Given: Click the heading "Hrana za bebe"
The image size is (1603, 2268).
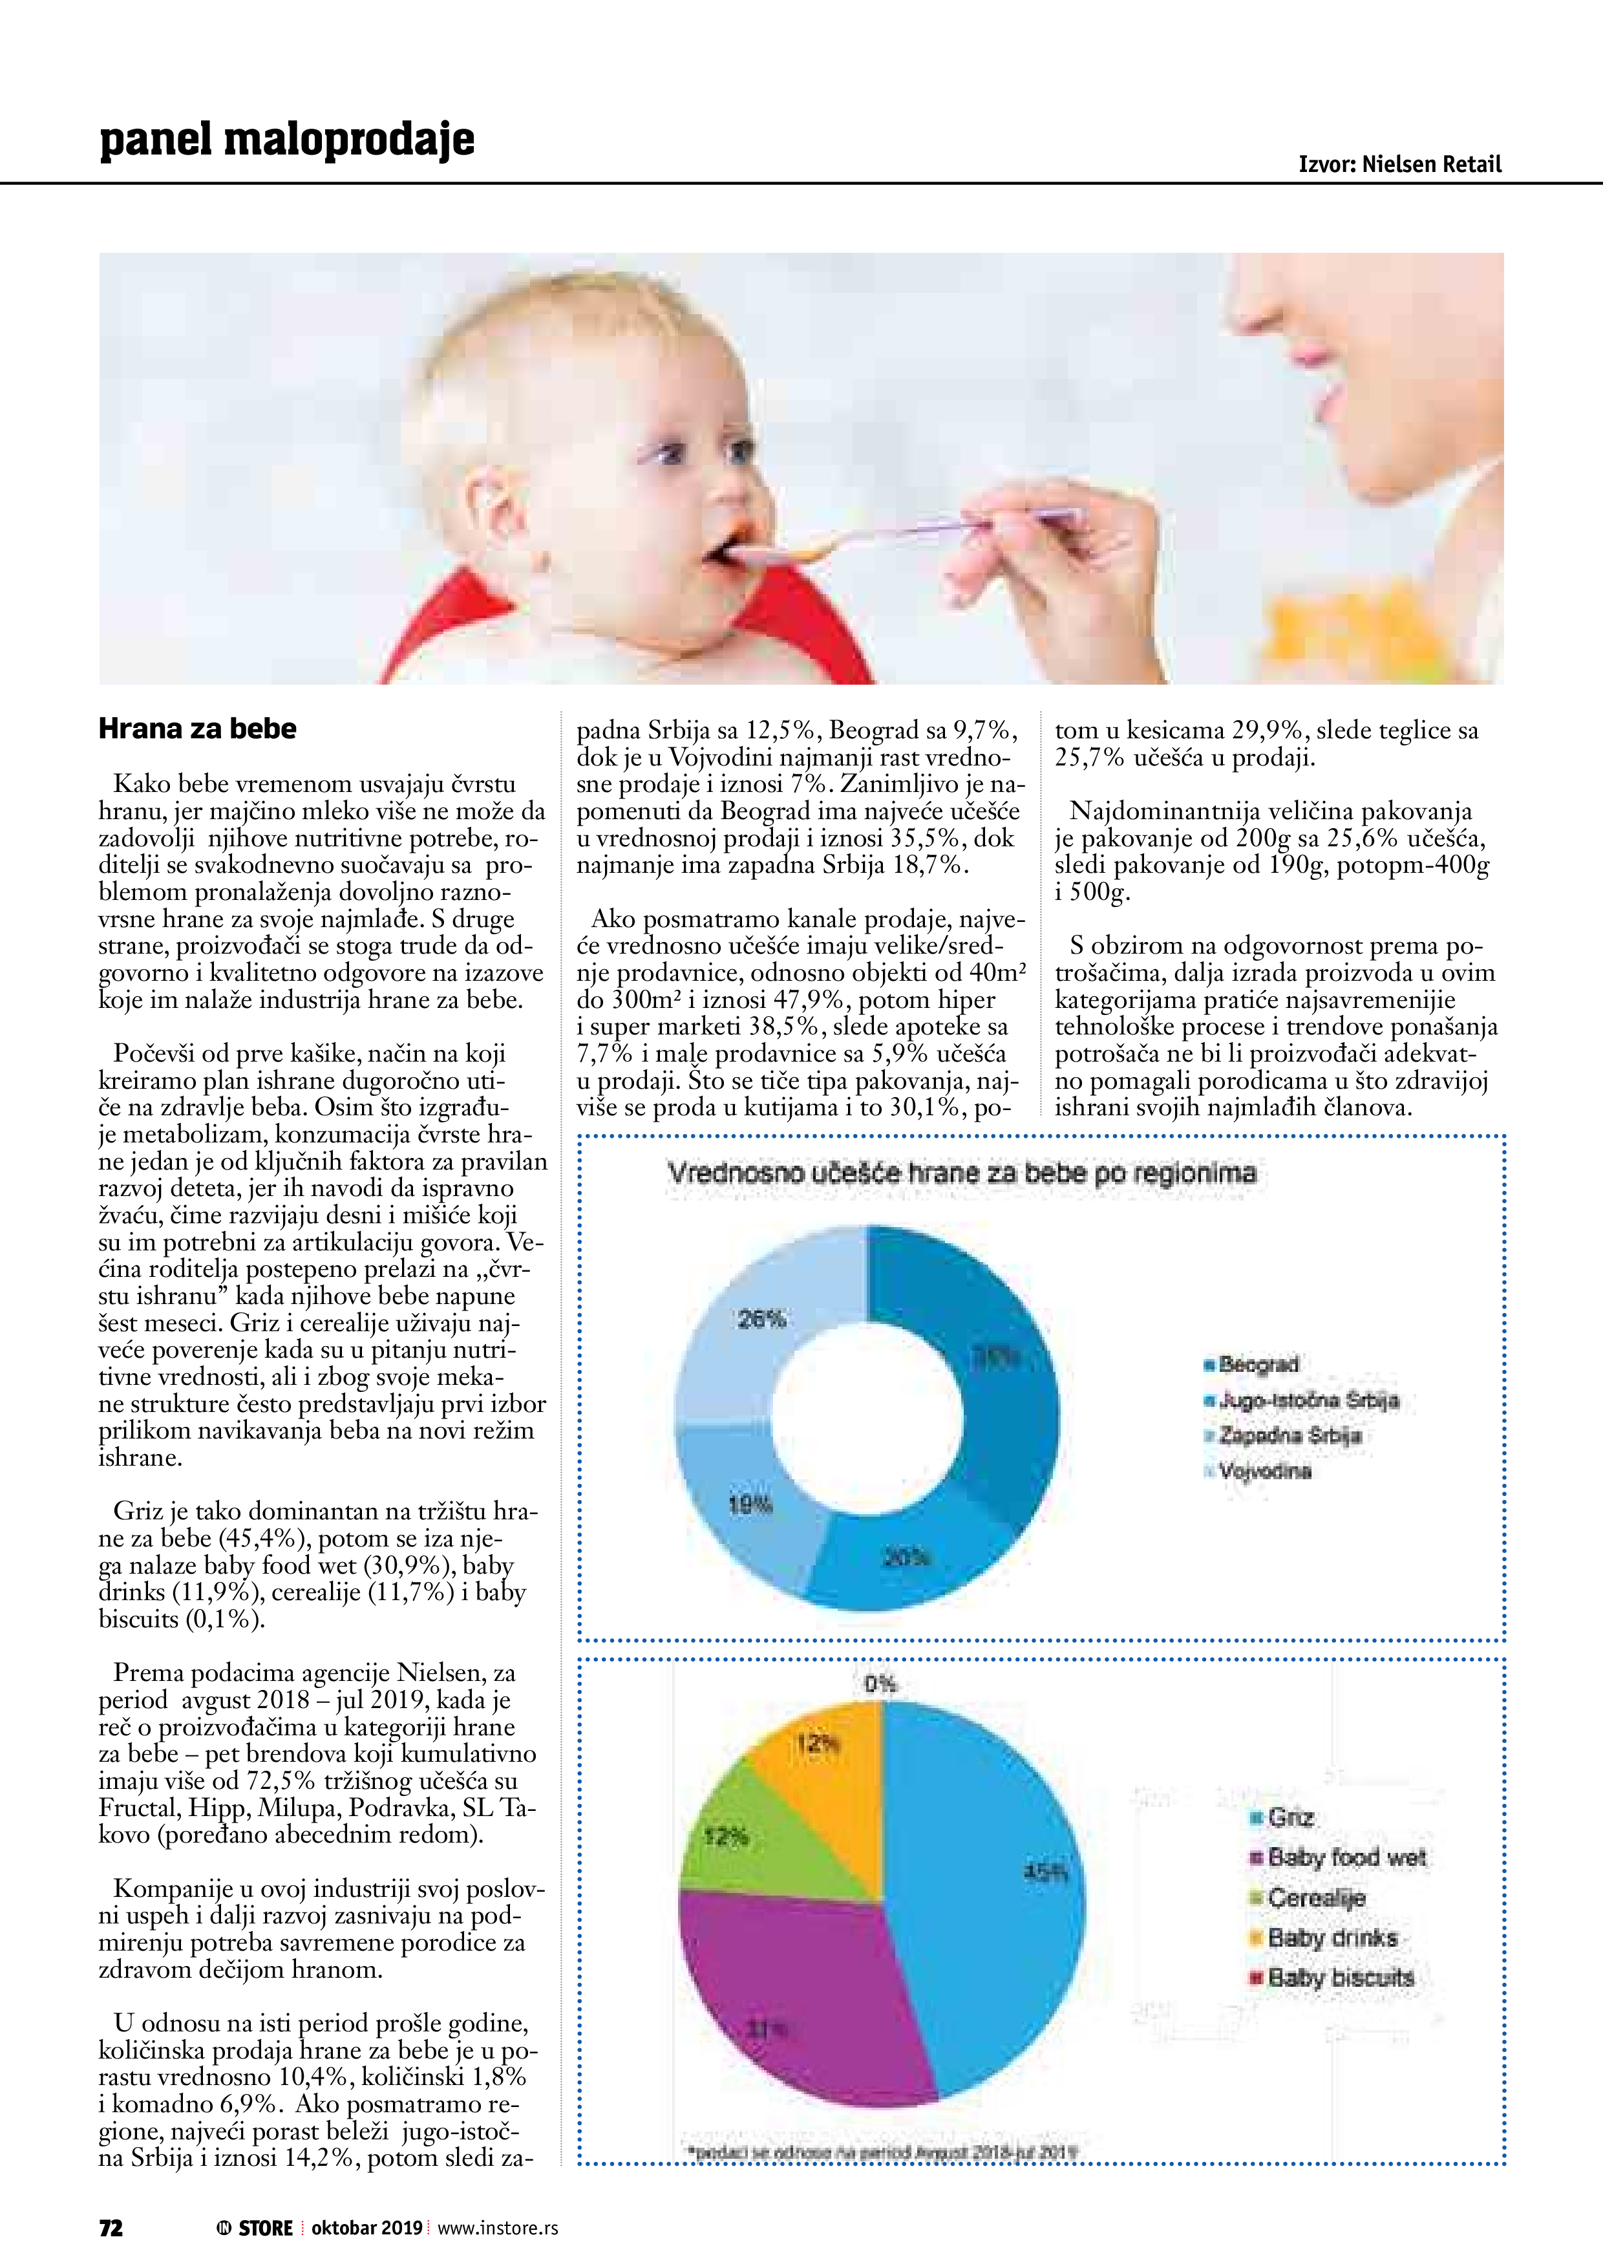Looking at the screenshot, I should coord(198,729).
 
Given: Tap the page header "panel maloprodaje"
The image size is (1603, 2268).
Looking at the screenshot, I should coord(286,139).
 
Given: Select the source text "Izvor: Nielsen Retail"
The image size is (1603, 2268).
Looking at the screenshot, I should coord(1399,164).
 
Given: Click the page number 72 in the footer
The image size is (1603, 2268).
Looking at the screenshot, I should coord(111,2227).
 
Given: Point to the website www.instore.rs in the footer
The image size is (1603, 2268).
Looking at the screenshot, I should coord(498,2227).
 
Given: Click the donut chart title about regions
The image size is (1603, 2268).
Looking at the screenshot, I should coord(961,1173).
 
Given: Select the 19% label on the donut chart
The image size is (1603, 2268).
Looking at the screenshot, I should coord(750,1504).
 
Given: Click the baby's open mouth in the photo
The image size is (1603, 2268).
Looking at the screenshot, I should coord(726,550).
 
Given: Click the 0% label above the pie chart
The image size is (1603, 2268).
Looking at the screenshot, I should coord(880,1683).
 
